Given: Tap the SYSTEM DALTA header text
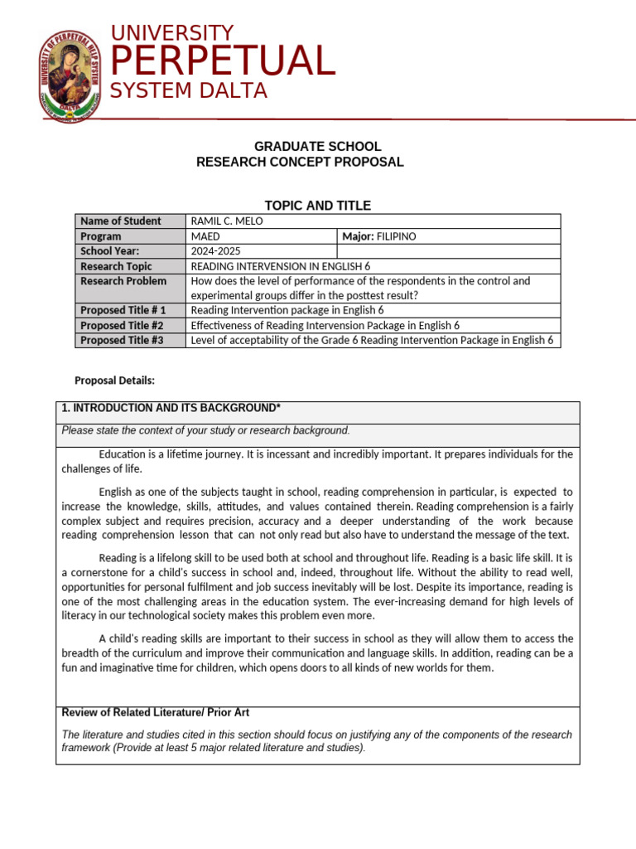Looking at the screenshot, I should pos(189,91).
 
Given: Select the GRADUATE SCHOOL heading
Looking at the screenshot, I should pos(317,147).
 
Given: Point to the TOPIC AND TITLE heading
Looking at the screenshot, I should pos(317,206).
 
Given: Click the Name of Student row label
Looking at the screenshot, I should pos(119,221).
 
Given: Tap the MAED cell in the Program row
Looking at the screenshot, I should pos(205,236).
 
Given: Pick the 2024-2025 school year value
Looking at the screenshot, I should pos(219,251).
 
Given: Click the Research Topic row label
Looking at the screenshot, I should pos(116,266).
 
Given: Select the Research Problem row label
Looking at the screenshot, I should pos(123,281).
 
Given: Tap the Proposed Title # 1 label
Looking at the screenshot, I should pos(123,310).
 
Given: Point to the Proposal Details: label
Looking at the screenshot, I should pos(114,381).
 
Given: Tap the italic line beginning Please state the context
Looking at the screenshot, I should pos(206,430).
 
